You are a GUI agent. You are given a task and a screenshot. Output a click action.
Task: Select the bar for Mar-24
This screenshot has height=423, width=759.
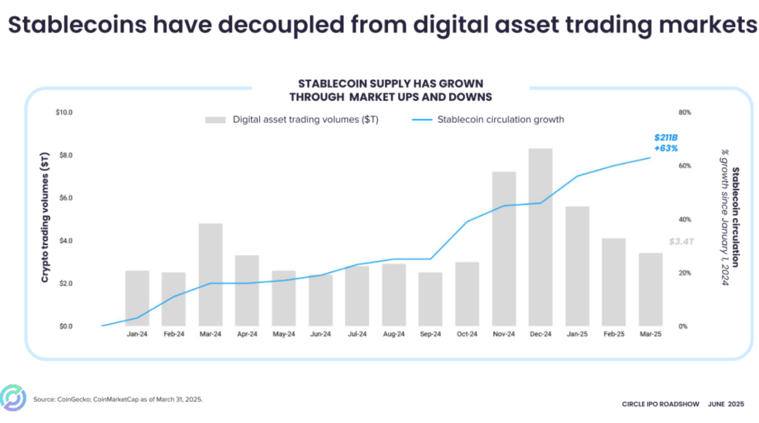pyautogui.click(x=211, y=275)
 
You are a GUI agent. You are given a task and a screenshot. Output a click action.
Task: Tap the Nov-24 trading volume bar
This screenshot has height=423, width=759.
pyautogui.click(x=504, y=249)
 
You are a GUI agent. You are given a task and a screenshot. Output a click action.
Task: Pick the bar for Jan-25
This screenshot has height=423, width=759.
pyautogui.click(x=577, y=266)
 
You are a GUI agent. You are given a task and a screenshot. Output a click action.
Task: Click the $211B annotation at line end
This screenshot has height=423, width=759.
pyautogui.click(x=665, y=138)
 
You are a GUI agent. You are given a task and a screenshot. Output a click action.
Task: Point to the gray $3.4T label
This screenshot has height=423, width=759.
pyautogui.click(x=681, y=241)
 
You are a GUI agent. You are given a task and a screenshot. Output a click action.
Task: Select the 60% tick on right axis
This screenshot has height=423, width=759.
pyautogui.click(x=684, y=166)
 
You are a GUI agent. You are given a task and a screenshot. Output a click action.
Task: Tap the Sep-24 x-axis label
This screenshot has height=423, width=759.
pyautogui.click(x=431, y=335)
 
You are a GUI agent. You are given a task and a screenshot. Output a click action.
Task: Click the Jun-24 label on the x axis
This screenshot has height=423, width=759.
pyautogui.click(x=320, y=335)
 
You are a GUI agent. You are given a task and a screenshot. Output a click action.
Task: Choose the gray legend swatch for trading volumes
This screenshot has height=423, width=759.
pyautogui.click(x=215, y=119)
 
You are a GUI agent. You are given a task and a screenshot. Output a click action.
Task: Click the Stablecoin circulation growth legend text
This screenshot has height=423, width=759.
pyautogui.click(x=500, y=119)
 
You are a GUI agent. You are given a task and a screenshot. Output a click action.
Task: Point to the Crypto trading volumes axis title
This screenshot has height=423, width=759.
pyautogui.click(x=45, y=217)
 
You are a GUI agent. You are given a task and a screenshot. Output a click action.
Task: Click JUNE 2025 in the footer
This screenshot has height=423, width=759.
pyautogui.click(x=727, y=404)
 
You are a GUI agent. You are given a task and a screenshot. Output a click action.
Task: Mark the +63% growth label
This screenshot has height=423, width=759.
pyautogui.click(x=666, y=148)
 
